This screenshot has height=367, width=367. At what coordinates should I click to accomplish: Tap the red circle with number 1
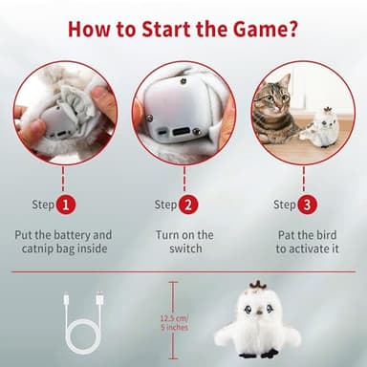65,205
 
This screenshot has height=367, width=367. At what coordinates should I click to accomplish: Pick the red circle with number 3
307,205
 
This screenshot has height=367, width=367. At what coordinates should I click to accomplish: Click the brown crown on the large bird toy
256,288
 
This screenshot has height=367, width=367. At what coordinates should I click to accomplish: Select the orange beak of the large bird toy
256,313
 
